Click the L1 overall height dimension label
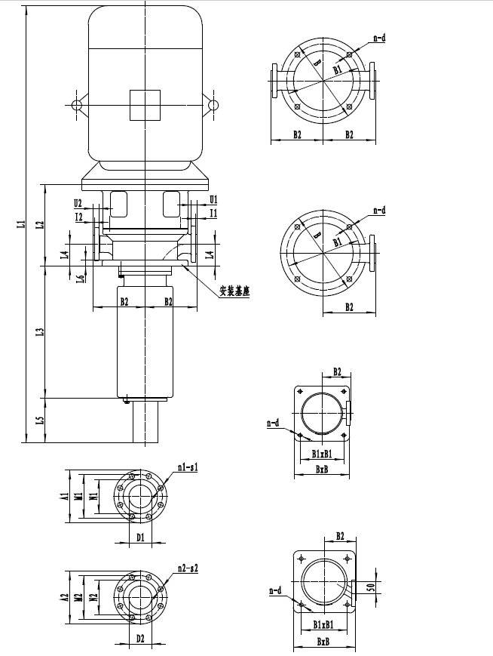point(22,223)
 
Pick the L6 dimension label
point(80,279)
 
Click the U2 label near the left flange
point(78,202)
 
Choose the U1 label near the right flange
point(213,199)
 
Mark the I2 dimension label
point(78,217)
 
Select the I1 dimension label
point(213,214)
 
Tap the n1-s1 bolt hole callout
point(187,469)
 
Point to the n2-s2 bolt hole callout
point(187,567)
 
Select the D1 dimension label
point(140,537)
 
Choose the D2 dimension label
point(140,638)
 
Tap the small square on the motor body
point(144,105)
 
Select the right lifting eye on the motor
point(213,105)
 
